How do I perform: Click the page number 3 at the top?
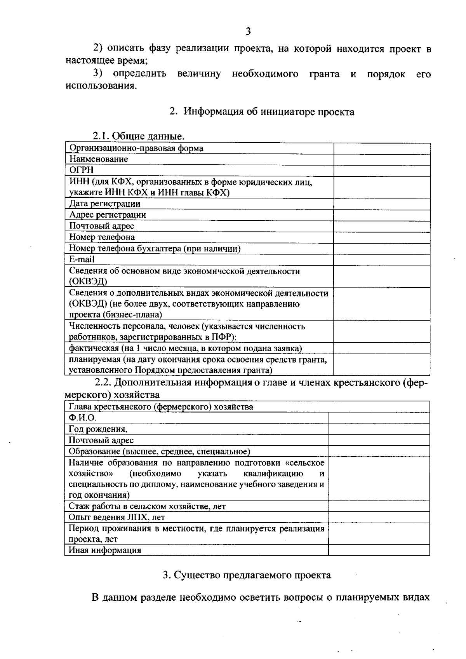249,31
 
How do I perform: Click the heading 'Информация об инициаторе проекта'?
269,112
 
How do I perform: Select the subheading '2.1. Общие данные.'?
138,136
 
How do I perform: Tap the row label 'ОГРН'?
82,170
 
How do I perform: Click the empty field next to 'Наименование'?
382,159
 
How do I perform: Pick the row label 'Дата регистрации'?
105,204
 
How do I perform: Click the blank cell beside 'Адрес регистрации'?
382,215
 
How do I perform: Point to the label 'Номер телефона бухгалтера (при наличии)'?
155,249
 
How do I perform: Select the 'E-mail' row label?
82,260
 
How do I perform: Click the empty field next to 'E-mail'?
382,260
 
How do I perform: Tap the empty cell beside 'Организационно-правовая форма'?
382,148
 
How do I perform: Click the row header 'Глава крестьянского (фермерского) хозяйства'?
161,407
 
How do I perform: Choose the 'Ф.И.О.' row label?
82,418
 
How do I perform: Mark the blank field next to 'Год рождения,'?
379,429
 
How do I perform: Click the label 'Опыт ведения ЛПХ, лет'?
117,517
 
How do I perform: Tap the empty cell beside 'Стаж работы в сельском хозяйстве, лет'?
379,506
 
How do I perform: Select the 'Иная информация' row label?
105,550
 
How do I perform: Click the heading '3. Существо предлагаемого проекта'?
247,575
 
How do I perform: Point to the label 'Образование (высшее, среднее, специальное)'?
159,451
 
